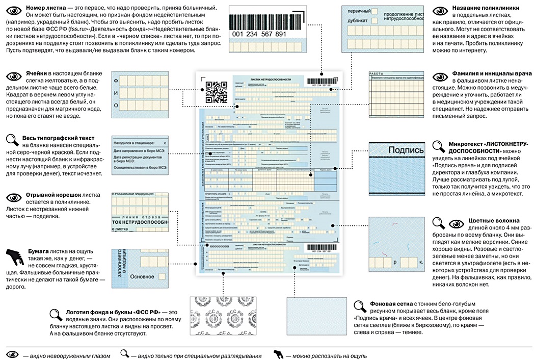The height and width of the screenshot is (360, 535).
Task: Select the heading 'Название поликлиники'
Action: [486, 9]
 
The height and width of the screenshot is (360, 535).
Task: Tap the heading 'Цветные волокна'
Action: [489, 221]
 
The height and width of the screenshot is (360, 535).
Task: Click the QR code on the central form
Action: [216, 92]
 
